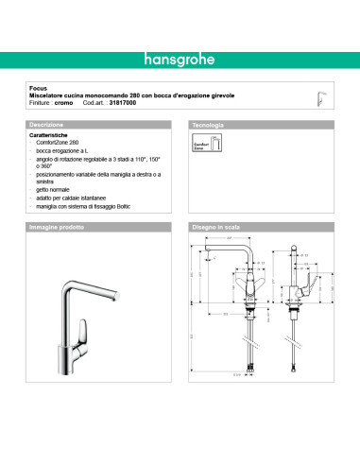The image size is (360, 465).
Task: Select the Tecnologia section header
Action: pyautogui.click(x=208, y=125)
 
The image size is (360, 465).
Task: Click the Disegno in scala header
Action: pyautogui.click(x=217, y=229)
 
